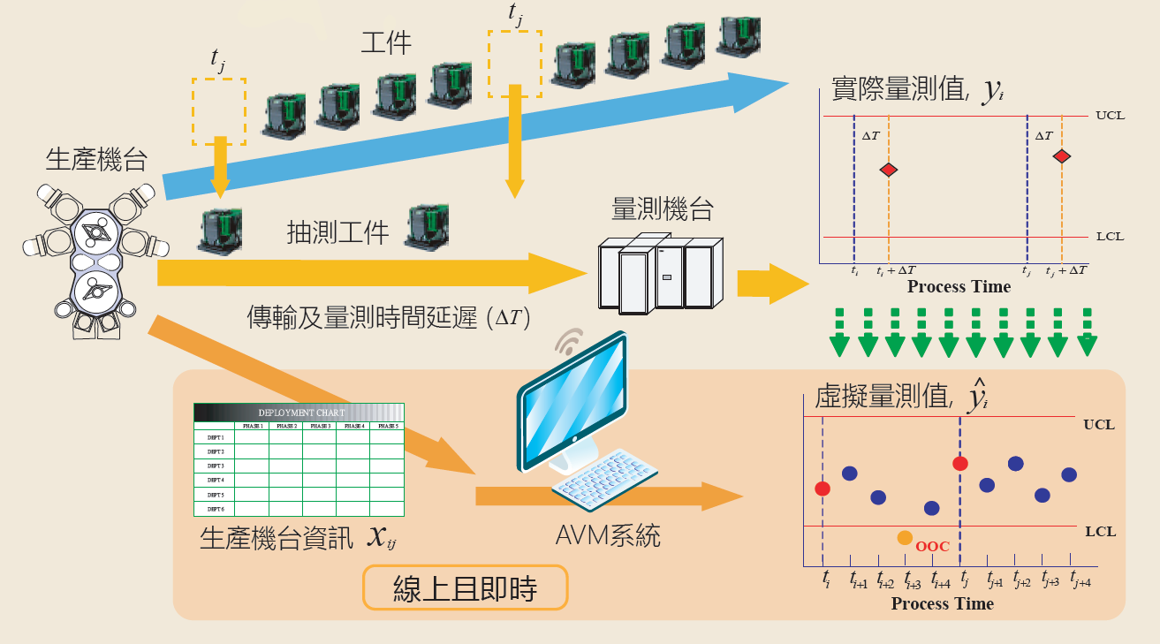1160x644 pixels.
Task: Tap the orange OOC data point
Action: pyautogui.click(x=905, y=537)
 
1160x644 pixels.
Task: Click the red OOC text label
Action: pyautogui.click(x=932, y=547)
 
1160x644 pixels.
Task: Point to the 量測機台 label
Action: pyautogui.click(x=663, y=209)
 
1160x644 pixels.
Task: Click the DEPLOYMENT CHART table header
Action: pyautogui.click(x=299, y=413)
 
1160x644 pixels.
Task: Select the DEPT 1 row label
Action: pyautogui.click(x=215, y=437)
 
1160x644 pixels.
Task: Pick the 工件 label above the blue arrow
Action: pyautogui.click(x=387, y=43)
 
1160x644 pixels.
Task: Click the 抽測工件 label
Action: pyautogui.click(x=338, y=232)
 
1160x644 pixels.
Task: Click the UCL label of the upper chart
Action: pyautogui.click(x=1110, y=116)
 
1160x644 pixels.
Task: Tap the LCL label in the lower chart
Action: pyautogui.click(x=1099, y=531)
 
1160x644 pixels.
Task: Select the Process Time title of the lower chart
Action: pyautogui.click(x=942, y=604)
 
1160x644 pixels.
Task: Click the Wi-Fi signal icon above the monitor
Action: pyautogui.click(x=569, y=341)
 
